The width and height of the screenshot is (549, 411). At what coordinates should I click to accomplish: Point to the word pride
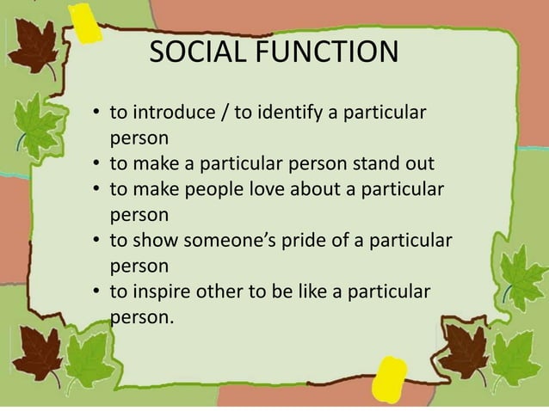302,237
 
